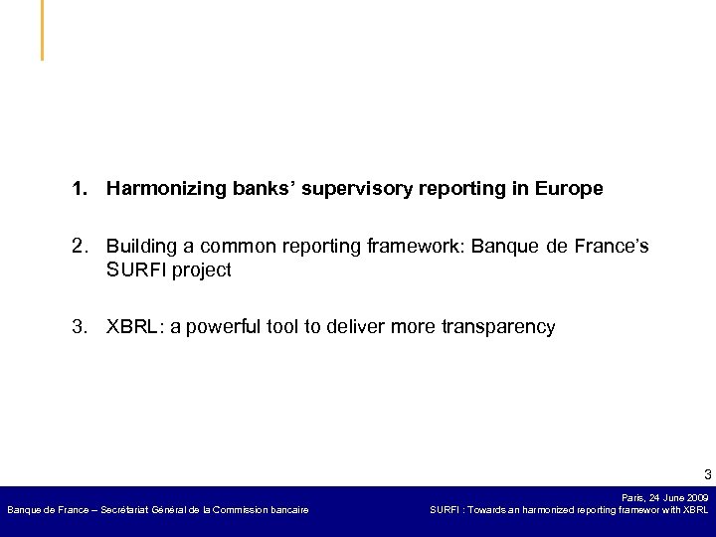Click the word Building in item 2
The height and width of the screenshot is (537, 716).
click(x=140, y=246)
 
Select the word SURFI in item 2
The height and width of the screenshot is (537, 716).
click(x=135, y=269)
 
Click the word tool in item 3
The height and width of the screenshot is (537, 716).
click(x=287, y=327)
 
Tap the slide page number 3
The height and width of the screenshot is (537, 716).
click(x=705, y=473)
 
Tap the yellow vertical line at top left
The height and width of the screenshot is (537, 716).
click(x=42, y=30)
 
